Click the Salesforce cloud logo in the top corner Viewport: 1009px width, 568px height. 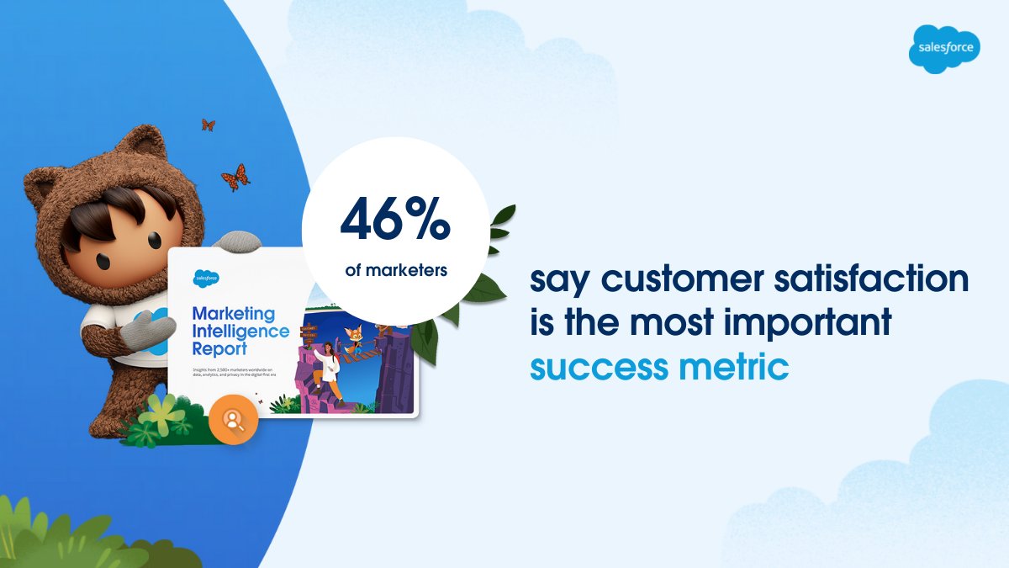(x=945, y=48)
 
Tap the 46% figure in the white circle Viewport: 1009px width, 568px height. (x=395, y=220)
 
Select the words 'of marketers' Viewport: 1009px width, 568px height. (x=395, y=271)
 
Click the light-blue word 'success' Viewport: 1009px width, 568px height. (x=589, y=368)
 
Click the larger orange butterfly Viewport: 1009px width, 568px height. (x=235, y=177)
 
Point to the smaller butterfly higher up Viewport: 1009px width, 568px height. (x=208, y=125)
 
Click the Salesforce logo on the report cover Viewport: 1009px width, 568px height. (x=206, y=277)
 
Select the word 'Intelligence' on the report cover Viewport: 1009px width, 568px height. (x=240, y=331)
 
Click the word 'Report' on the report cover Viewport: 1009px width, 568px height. (x=221, y=348)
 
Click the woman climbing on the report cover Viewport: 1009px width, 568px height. (x=327, y=370)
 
